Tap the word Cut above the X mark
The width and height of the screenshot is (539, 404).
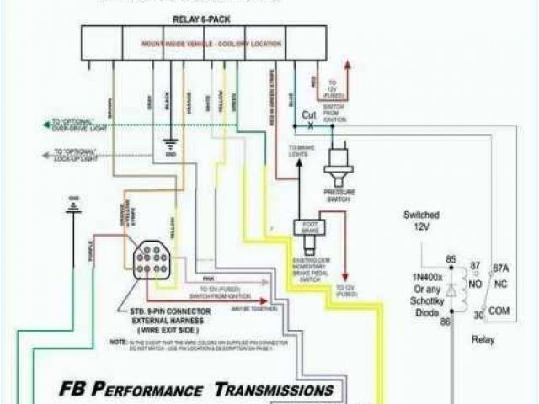click(309, 115)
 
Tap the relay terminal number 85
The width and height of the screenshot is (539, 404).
click(451, 259)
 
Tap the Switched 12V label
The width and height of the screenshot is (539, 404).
click(421, 221)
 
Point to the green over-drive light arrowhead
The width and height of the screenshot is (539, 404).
click(47, 125)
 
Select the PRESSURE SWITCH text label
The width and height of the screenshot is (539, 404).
click(340, 196)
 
